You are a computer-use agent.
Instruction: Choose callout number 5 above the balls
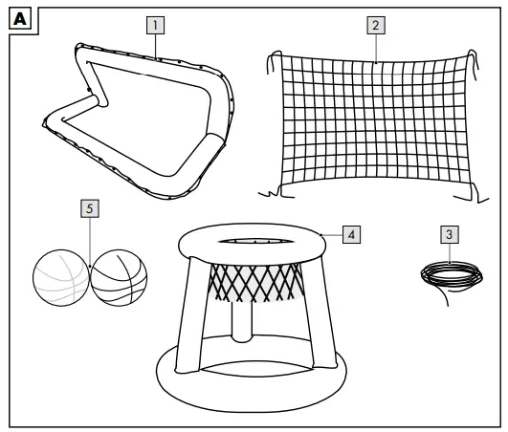click(89, 205)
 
